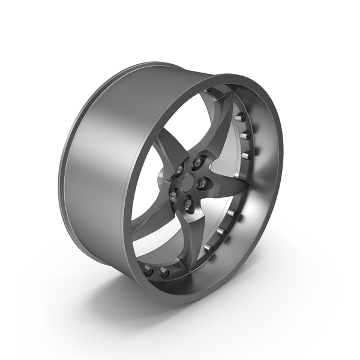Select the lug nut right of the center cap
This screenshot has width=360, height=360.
point(202,182)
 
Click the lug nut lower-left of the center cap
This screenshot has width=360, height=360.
point(173,196)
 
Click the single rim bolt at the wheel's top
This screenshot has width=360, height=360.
point(209,91)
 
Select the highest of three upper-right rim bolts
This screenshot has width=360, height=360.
point(241,116)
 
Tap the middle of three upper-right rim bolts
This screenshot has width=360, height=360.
point(245,136)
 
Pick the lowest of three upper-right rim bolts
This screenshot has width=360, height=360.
point(247,155)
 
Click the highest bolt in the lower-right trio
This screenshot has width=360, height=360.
point(231,212)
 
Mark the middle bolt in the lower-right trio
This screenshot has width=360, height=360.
point(220,231)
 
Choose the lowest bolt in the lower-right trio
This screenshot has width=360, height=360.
point(208,247)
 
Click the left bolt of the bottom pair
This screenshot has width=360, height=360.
point(148,271)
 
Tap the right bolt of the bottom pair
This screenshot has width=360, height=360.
point(164,274)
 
